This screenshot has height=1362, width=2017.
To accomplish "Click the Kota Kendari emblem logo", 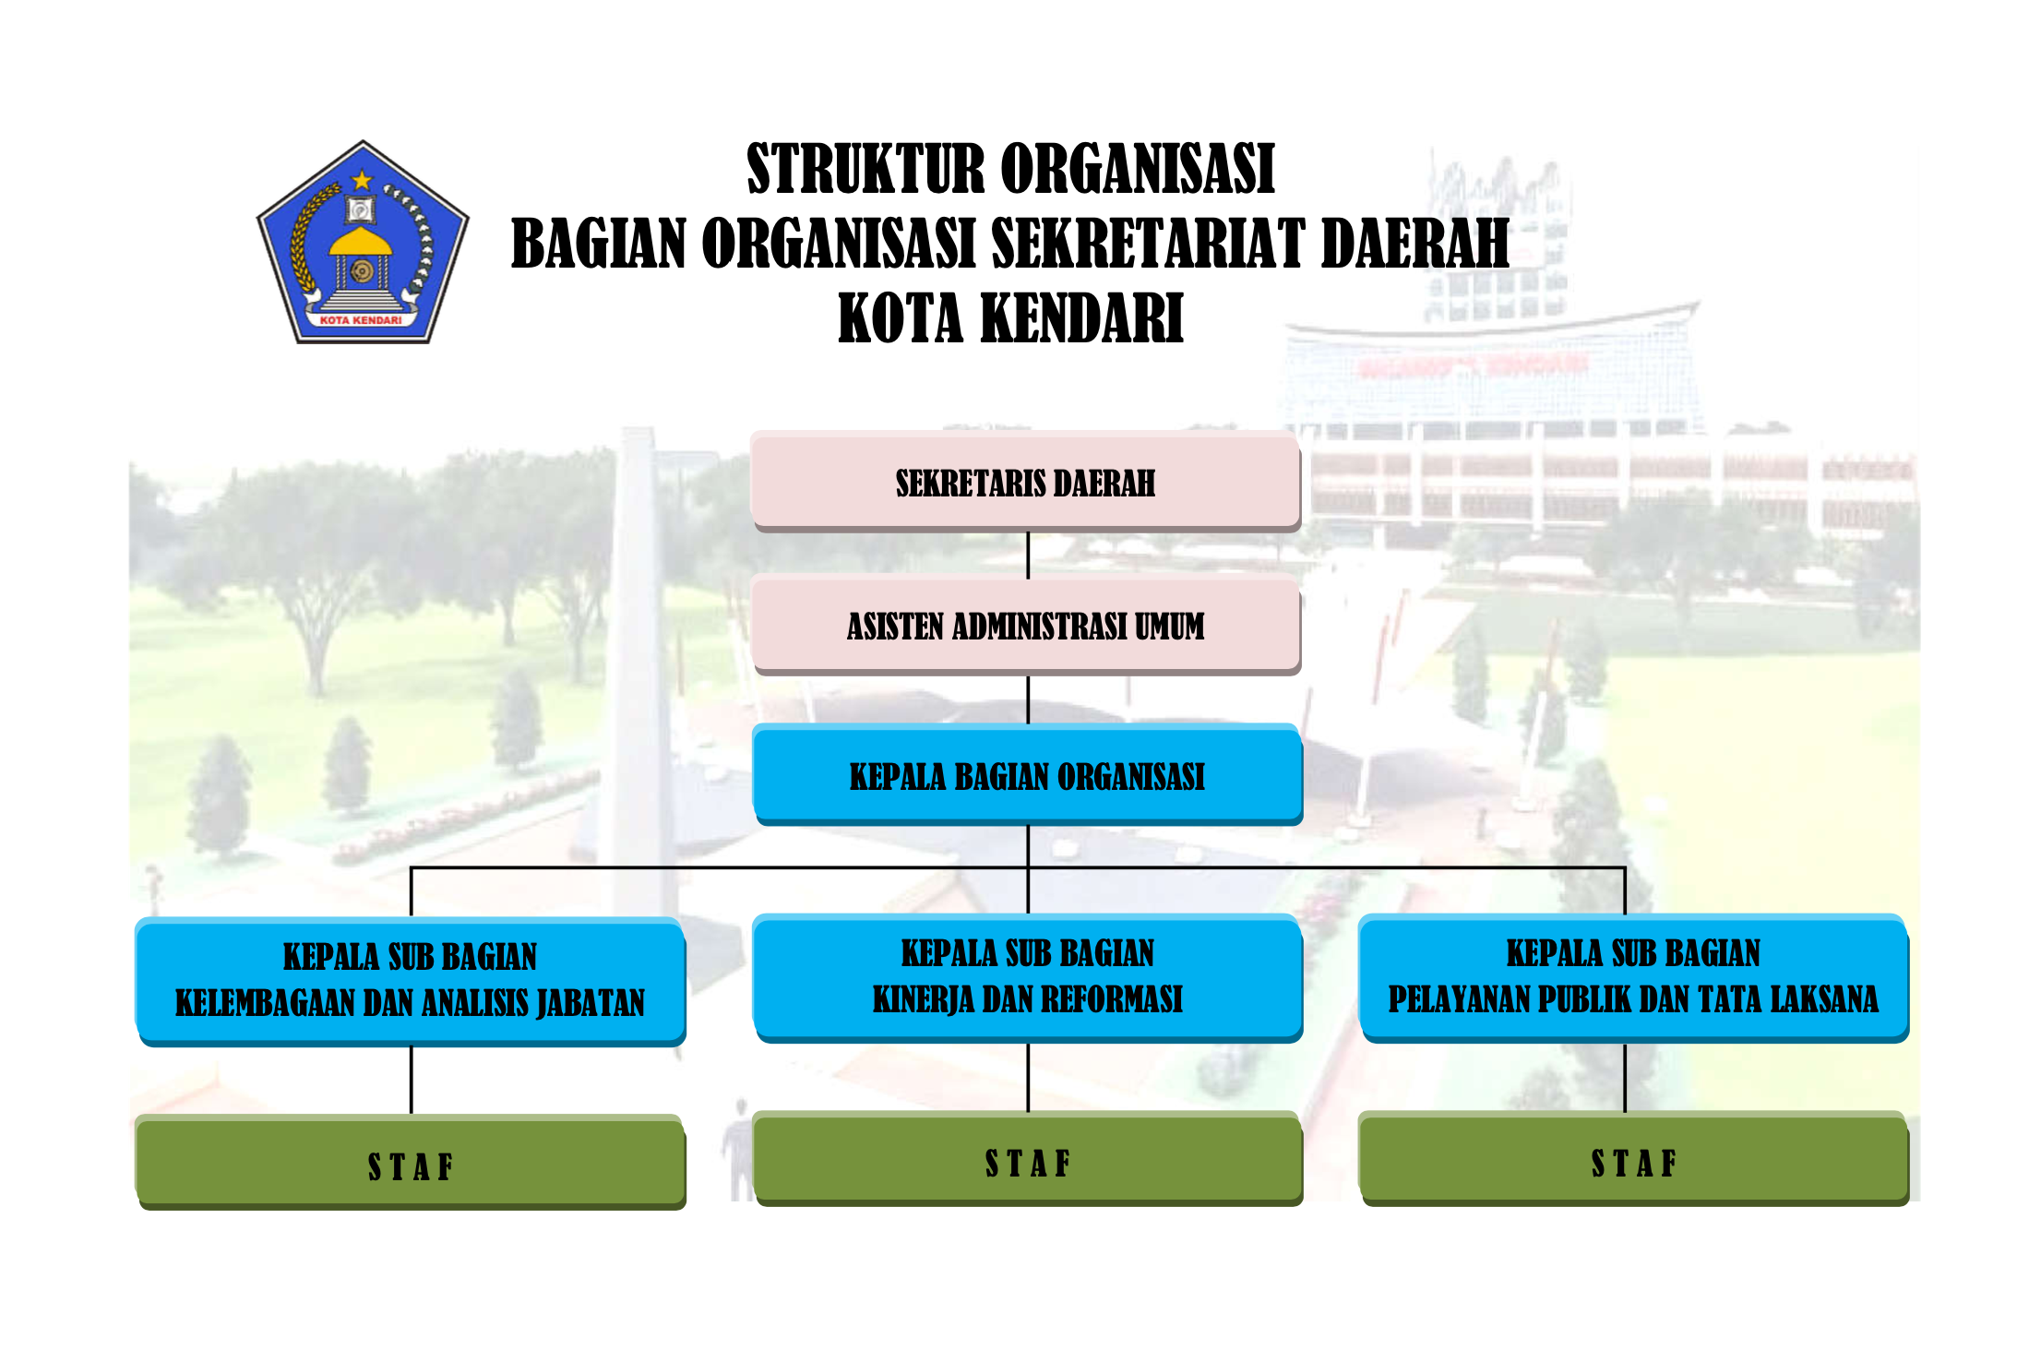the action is click(363, 243).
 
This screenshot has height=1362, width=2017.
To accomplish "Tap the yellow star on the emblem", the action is click(362, 180).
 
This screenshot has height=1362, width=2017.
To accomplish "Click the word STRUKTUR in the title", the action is click(865, 169).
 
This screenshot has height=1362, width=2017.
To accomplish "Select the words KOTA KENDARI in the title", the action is click(1010, 318).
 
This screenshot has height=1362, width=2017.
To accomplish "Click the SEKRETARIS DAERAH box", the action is click(1026, 481).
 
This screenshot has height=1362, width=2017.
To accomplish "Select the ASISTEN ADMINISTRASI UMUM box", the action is click(1026, 625).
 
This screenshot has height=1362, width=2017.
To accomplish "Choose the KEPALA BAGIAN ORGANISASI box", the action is click(1027, 775).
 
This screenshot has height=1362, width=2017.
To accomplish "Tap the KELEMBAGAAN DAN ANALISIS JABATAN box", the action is click(411, 981).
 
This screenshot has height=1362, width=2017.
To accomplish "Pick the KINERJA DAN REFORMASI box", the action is click(1027, 978).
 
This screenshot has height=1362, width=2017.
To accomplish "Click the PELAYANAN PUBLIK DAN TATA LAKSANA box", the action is click(1633, 978).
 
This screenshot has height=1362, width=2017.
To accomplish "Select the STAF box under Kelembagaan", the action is click(411, 1162).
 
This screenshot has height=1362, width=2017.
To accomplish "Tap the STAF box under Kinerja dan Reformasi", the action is click(1027, 1159).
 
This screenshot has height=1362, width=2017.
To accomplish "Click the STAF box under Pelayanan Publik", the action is click(1633, 1159).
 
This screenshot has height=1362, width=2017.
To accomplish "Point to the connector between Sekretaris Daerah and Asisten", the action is click(1028, 554).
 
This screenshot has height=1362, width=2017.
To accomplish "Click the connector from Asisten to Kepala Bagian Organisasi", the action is click(1028, 700).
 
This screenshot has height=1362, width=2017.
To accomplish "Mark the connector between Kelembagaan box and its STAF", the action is click(411, 1081).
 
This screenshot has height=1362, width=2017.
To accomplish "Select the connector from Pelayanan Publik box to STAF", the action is click(1625, 1078).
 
